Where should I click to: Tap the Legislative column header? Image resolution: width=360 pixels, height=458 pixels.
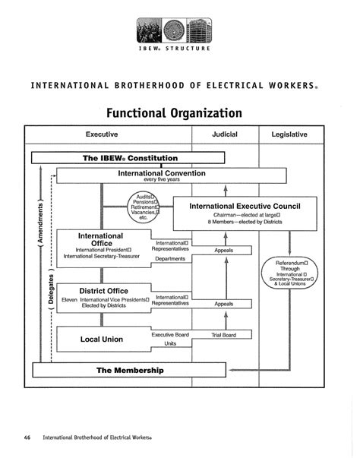point(289,134)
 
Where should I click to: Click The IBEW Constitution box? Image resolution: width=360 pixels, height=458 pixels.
point(130,158)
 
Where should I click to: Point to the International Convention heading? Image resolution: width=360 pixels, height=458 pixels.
point(160,172)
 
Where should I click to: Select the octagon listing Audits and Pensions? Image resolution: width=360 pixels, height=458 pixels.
point(144,206)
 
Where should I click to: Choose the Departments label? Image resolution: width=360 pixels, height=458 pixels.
point(170,259)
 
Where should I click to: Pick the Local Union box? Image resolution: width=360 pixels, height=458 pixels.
point(103,339)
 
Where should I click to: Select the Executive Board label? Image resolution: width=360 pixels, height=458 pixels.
point(170,334)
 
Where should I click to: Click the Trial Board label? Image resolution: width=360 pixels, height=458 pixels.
point(225,334)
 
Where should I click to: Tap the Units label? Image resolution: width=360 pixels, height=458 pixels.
point(170,344)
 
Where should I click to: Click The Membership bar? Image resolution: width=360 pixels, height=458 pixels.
point(130,370)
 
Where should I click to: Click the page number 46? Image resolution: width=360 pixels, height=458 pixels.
point(27,437)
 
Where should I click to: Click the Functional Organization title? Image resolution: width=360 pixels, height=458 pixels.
point(174,112)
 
